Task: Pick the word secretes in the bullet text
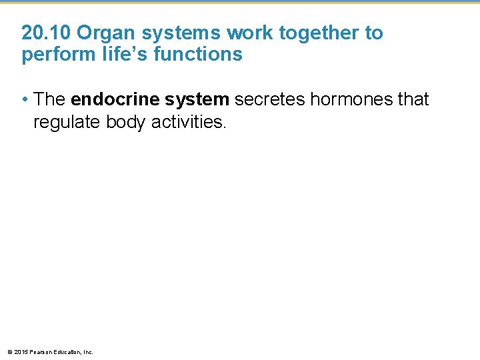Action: (268, 100)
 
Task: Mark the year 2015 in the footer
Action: (21, 351)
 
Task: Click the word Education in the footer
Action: (67, 351)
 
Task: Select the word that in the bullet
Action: (411, 100)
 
